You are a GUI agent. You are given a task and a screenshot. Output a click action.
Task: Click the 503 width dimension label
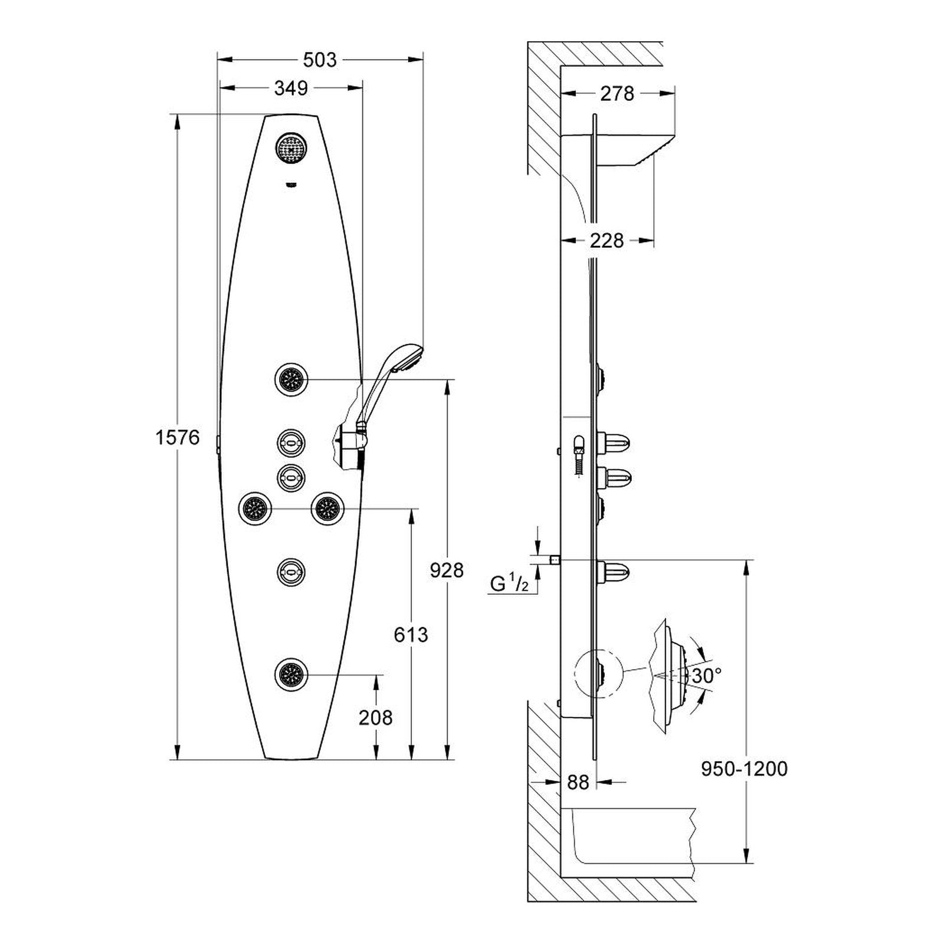click(x=319, y=60)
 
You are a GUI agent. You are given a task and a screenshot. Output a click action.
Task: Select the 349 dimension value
click(x=291, y=88)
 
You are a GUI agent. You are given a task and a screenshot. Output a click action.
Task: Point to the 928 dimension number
click(x=447, y=570)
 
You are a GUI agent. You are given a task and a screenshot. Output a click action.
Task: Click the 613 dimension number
click(x=411, y=635)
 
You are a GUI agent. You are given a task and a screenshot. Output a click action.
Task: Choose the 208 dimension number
click(x=376, y=717)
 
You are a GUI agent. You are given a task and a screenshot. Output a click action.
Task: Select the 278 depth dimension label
click(x=617, y=93)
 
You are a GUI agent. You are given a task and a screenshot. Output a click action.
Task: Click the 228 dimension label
click(x=607, y=240)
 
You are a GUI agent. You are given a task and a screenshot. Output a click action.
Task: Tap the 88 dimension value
click(x=578, y=782)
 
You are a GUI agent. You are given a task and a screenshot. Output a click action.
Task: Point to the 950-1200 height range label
click(x=745, y=769)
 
